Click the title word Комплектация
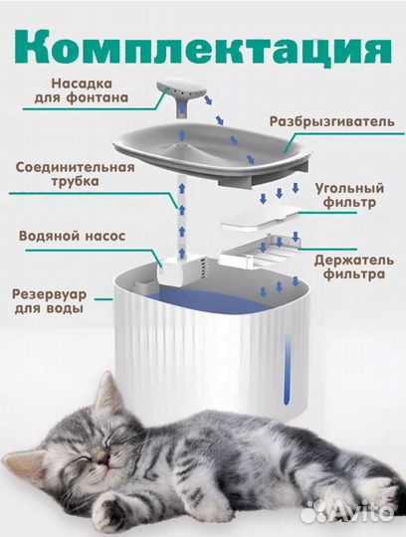[203, 46]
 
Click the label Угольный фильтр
[344, 195]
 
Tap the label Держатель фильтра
[342, 267]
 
